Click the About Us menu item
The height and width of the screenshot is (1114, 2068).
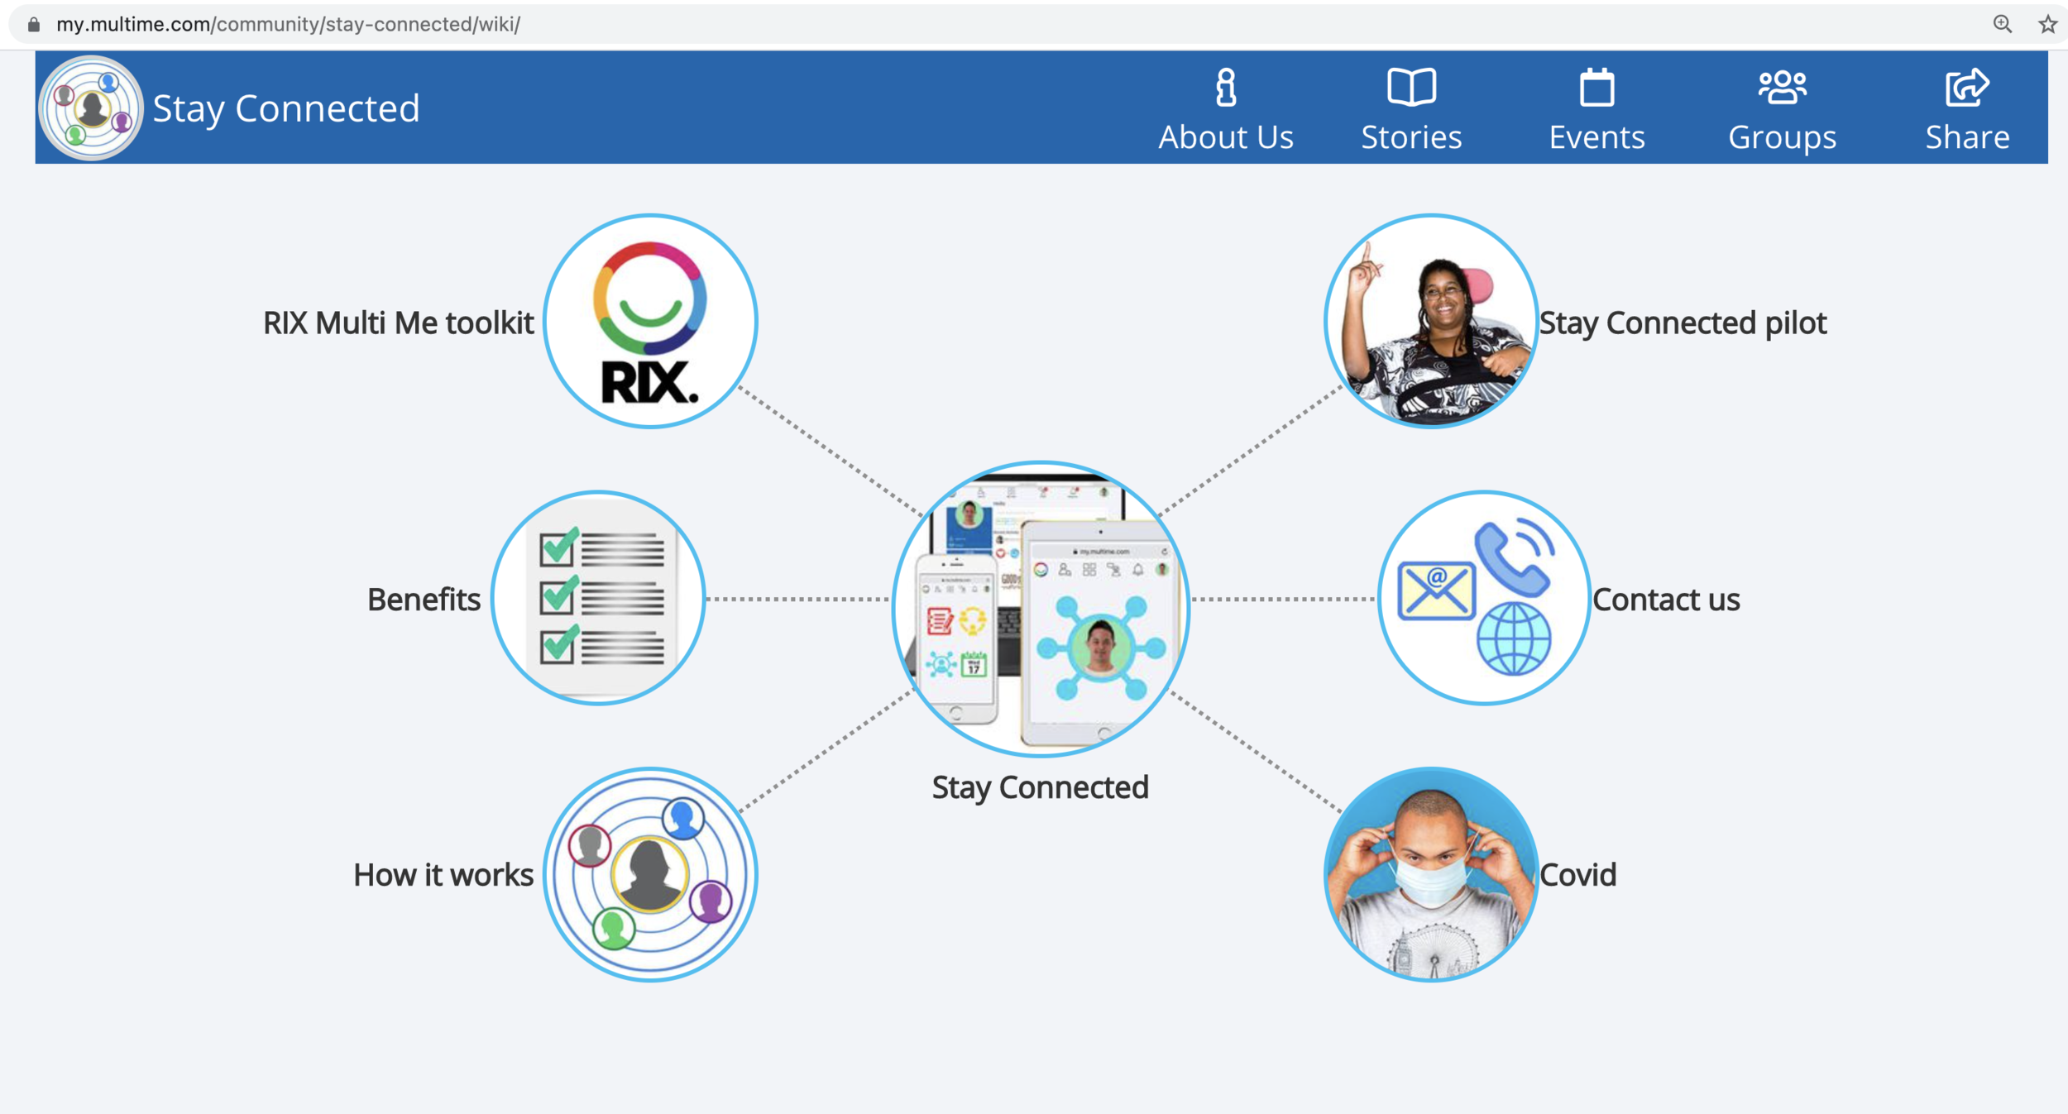coord(1225,110)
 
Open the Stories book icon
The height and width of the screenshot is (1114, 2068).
coord(1411,88)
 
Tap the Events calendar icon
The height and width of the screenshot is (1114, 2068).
coord(1596,88)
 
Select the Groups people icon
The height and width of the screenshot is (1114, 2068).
coord(1782,88)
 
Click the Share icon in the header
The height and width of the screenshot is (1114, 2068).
coord(1967,88)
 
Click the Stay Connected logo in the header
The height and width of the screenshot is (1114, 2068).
coord(91,108)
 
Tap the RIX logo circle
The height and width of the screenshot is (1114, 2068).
coord(650,322)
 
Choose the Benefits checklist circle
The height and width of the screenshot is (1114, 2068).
coord(598,598)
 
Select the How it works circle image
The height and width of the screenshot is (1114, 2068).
coord(650,874)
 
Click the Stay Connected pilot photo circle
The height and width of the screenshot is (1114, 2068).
coord(1431,322)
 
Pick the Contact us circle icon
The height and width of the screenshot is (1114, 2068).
coord(1483,598)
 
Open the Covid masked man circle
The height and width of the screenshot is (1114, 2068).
coord(1431,874)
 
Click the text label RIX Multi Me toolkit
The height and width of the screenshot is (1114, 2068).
coord(398,323)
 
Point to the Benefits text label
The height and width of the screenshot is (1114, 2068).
coord(424,600)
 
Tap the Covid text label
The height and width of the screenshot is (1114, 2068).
coord(1577,875)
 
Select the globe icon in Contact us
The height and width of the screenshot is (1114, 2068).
coord(1514,639)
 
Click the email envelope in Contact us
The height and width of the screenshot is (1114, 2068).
coord(1436,590)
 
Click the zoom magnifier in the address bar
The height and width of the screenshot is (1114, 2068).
coord(2002,24)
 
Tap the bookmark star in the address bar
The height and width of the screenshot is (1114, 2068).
coord(2047,24)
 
